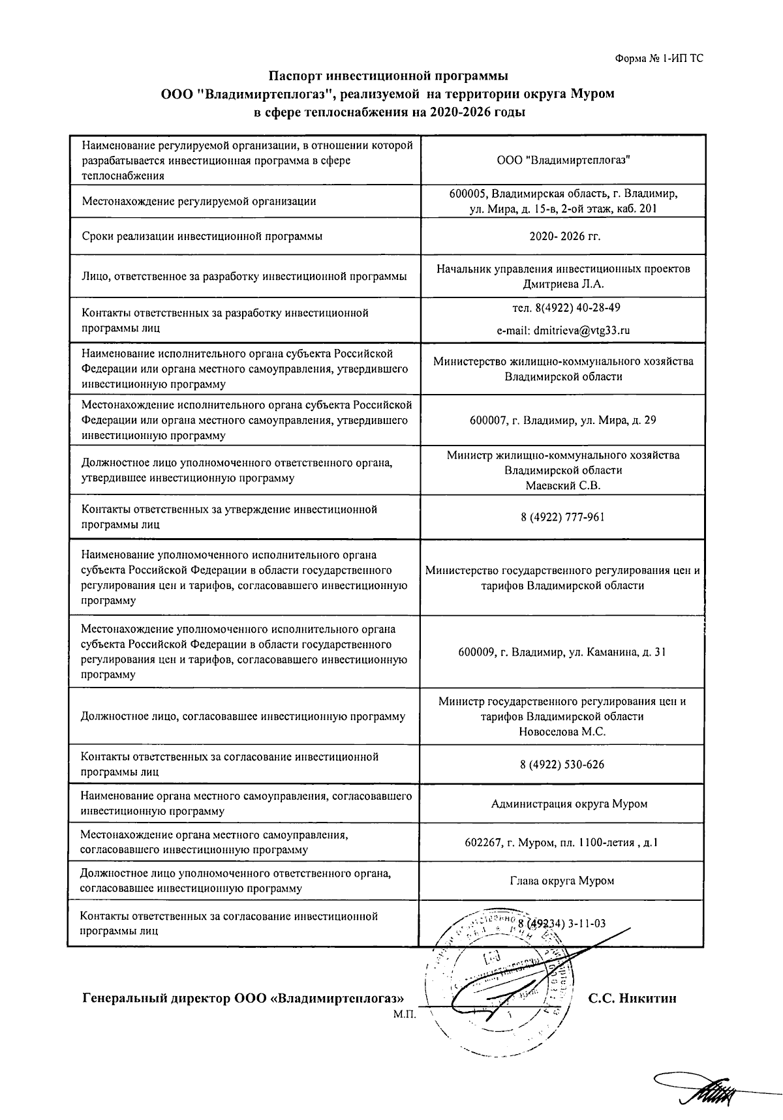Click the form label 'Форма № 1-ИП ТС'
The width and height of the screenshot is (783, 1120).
coord(659,59)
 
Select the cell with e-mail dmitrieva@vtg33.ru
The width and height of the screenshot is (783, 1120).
coord(562,330)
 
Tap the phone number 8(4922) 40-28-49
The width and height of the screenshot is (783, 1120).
coord(562,307)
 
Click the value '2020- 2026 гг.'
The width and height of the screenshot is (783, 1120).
coord(562,236)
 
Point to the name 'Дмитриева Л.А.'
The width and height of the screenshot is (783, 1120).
coord(563,284)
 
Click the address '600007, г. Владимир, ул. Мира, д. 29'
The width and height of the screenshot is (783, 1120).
coord(562,420)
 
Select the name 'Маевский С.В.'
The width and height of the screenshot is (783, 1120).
coord(562,485)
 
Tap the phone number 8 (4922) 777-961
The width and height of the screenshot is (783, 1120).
coord(562,517)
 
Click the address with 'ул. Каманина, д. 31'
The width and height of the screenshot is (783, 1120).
coord(562,652)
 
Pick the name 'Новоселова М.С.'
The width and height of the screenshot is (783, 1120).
coord(562,732)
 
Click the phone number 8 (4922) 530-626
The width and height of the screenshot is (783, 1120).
coord(562,764)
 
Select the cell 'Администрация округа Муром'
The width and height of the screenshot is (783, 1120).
coord(569,804)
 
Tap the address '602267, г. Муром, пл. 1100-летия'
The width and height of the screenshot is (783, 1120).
coord(561,842)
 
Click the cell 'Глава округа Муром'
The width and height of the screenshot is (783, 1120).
coord(562,881)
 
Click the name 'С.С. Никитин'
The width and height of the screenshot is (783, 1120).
coord(632,999)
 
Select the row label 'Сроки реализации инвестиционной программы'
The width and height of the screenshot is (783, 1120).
coord(202,236)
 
